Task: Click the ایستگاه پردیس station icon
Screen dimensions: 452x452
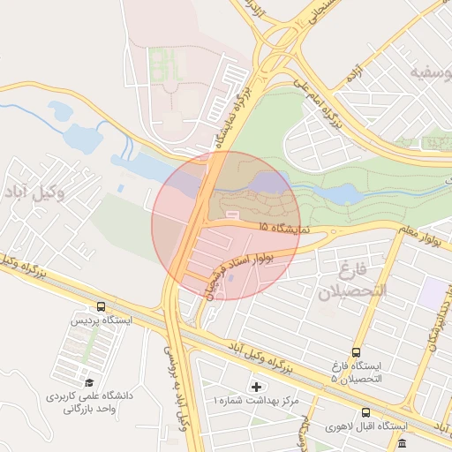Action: [101, 307]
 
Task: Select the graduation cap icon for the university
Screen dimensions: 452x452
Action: [89, 382]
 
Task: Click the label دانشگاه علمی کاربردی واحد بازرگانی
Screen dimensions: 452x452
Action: [88, 403]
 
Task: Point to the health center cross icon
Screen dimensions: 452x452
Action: [257, 387]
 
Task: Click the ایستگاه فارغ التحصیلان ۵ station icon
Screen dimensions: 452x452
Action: [356, 351]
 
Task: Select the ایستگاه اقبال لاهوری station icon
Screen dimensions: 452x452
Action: [365, 412]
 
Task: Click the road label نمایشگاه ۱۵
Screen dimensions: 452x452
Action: [288, 228]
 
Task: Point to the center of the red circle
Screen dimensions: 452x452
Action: [226, 225]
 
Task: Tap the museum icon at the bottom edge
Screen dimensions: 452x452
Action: [403, 442]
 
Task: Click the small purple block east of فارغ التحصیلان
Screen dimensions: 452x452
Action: [433, 292]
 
